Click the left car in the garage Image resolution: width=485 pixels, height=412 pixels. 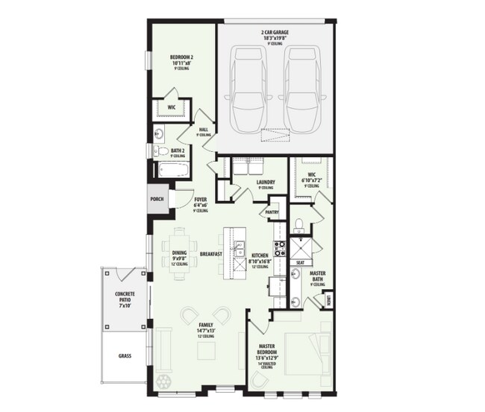(x=249, y=89)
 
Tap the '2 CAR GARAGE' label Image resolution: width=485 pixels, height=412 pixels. (x=275, y=34)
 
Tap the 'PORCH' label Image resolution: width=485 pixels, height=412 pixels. (x=157, y=199)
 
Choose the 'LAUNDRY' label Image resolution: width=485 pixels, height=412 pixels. (x=266, y=182)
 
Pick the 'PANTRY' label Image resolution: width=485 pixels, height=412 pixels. (x=272, y=213)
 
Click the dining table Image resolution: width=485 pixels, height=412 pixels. (x=181, y=253)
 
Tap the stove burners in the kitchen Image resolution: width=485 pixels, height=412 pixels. (x=280, y=248)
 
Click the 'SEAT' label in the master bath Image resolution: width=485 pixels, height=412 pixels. (x=301, y=262)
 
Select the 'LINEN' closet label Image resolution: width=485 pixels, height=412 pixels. (x=328, y=300)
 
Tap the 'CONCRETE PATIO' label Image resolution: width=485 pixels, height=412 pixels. (x=125, y=300)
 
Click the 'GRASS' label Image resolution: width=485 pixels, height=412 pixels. (x=123, y=356)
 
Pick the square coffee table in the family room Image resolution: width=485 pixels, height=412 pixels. (x=207, y=350)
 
